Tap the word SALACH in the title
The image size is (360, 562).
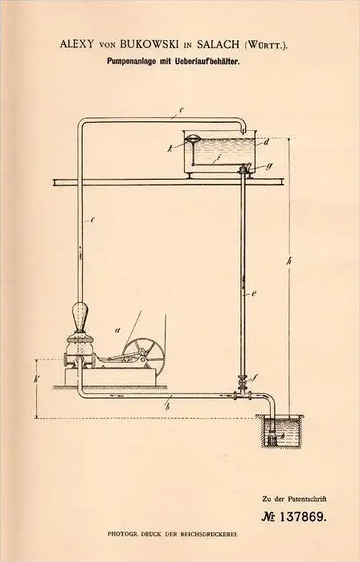(218, 44)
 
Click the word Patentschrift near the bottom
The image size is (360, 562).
(308, 499)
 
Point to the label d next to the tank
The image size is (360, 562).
(266, 143)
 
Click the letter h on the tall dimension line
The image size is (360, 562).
(289, 261)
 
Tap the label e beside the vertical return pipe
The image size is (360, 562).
(253, 295)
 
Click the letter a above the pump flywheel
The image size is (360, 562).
(117, 330)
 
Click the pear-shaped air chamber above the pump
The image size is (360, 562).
(80, 317)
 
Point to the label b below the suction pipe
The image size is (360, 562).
(167, 406)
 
